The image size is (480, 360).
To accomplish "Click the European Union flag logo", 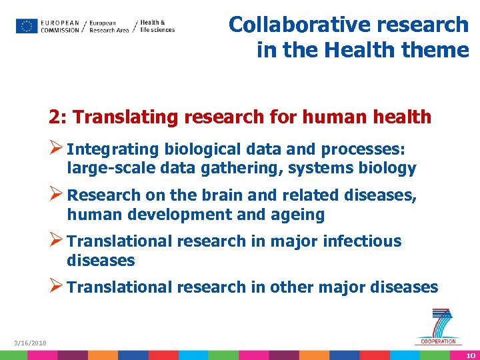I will click(x=27, y=26).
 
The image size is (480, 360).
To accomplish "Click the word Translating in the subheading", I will click(x=126, y=117).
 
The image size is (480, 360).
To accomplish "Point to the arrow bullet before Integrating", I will click(x=57, y=148).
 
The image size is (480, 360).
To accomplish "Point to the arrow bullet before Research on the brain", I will click(x=57, y=195).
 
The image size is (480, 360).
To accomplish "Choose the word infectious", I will click(x=362, y=241).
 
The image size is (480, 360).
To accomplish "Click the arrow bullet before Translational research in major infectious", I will click(x=57, y=241).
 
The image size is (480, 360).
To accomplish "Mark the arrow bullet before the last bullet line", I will click(x=57, y=287).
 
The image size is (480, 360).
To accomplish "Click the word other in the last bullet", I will click(x=291, y=287).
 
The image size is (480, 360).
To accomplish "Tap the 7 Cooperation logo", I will click(x=439, y=327).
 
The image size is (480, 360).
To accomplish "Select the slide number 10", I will click(x=471, y=355).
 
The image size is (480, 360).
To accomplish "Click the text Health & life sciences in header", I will click(x=157, y=26).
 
